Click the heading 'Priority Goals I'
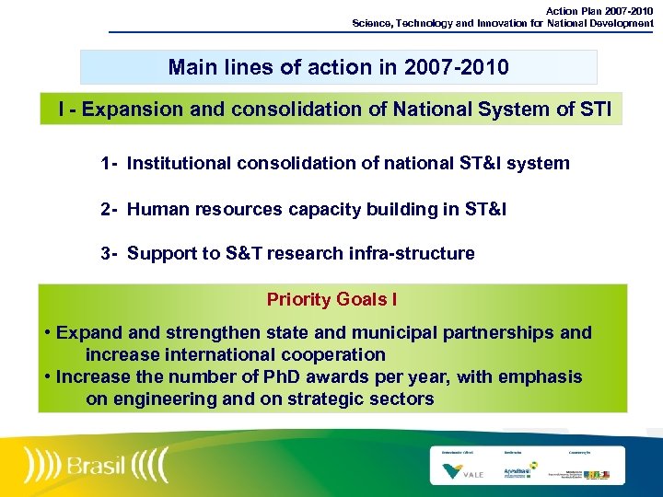click(331, 299)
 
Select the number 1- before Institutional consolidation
click(110, 164)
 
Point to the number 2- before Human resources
click(110, 210)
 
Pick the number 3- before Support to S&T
click(110, 254)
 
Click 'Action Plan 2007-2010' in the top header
click(599, 10)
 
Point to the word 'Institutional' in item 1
click(180, 164)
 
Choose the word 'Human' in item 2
click(155, 210)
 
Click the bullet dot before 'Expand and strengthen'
click(46, 333)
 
